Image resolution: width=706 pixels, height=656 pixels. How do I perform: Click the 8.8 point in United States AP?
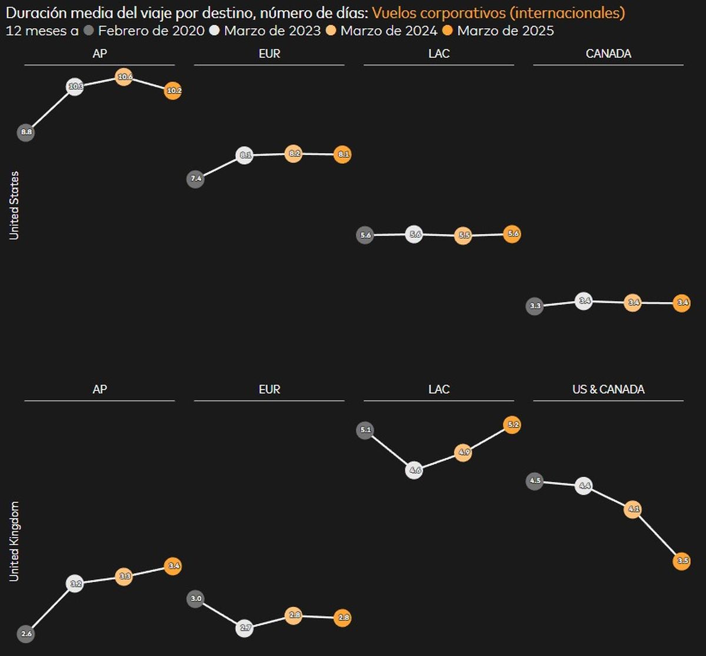[x=26, y=132]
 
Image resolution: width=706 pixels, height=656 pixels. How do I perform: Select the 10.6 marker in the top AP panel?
[x=123, y=77]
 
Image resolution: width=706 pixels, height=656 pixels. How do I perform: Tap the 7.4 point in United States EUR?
[x=195, y=178]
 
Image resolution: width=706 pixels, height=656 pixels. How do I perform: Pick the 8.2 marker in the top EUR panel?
[x=293, y=154]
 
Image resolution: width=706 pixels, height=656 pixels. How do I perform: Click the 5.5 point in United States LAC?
[x=463, y=236]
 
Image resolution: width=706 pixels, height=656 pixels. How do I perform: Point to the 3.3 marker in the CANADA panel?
[x=535, y=306]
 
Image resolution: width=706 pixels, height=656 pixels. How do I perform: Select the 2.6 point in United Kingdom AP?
[x=26, y=634]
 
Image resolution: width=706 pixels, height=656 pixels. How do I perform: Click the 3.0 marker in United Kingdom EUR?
[x=195, y=599]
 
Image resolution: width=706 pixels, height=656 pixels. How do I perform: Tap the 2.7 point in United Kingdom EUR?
[x=245, y=628]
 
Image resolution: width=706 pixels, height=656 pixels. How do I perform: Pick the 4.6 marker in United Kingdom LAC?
[x=414, y=471]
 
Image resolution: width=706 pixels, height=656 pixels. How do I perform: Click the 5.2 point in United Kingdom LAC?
[x=512, y=425]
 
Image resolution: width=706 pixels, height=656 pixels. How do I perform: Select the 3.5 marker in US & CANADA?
[x=681, y=561]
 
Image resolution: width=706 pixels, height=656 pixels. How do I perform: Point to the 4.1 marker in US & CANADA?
[x=632, y=509]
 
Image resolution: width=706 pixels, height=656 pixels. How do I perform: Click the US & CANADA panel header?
[x=608, y=389]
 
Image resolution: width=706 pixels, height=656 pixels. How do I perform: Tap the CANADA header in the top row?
[x=608, y=54]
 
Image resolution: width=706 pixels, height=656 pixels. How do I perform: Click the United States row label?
[x=14, y=206]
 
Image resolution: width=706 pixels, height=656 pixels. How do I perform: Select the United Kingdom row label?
[x=14, y=541]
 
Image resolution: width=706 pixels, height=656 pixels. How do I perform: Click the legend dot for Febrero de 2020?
[x=89, y=31]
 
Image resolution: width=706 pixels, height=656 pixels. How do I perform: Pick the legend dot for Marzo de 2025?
[x=448, y=31]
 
